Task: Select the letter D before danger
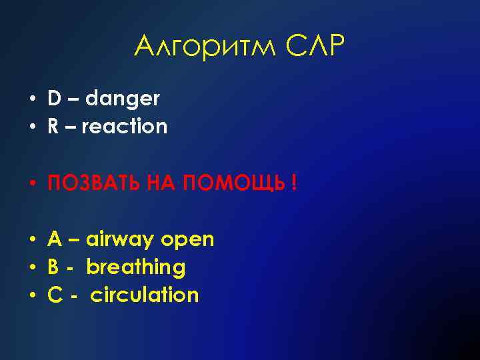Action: coord(54,99)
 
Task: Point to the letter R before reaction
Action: coord(53,127)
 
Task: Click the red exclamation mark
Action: coord(294,183)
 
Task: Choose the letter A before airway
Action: coord(54,239)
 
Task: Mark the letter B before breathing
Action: coord(53,267)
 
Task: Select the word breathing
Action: coord(136,268)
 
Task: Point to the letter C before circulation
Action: coord(54,295)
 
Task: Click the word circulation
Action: coord(145,295)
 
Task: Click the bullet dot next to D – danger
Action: coord(31,100)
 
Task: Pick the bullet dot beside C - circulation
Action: coord(31,295)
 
